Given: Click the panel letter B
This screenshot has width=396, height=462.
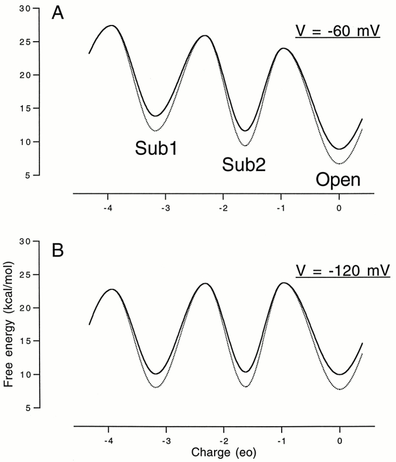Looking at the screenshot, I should pyautogui.click(x=58, y=251).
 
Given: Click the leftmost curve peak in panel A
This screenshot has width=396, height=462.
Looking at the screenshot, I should pyautogui.click(x=111, y=25).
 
